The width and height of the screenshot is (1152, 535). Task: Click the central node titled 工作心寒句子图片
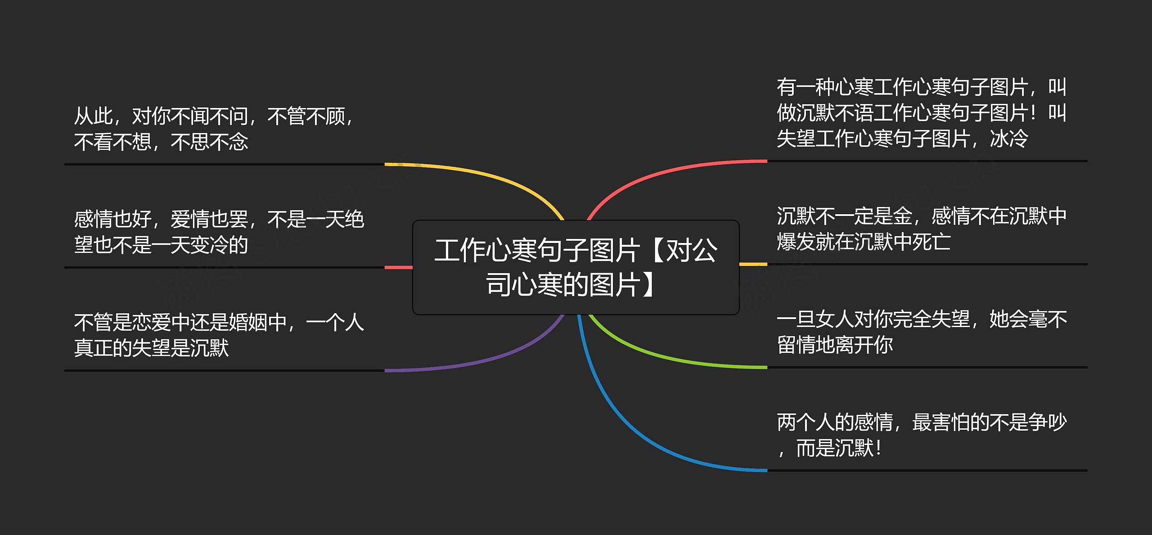coord(576,267)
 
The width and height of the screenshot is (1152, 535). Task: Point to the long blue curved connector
coord(630,427)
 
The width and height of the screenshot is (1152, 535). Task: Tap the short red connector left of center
coord(399,267)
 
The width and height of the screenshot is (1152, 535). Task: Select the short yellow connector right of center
coord(753,264)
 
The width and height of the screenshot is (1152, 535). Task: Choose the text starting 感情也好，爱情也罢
coord(219,232)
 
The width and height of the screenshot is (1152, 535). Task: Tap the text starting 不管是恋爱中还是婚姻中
coord(219,335)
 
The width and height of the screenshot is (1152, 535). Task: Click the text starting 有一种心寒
coord(922,113)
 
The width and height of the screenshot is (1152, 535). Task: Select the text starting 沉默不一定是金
coord(922,229)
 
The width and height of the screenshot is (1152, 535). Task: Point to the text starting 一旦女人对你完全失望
coord(922,332)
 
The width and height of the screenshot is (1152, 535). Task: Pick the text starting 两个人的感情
coord(922,435)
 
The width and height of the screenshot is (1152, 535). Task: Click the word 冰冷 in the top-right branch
coord(1009,139)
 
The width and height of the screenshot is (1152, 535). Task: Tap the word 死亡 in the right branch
coord(931,242)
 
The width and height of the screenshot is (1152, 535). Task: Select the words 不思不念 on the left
coord(210,142)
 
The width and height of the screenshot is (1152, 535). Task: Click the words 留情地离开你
coord(835,345)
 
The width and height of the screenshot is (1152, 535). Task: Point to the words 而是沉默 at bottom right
coord(835,448)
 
